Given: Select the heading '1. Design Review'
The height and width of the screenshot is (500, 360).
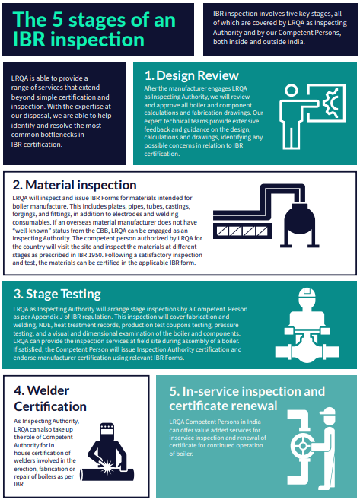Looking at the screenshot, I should [191, 75].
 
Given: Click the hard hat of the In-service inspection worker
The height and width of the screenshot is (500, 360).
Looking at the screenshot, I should [329, 414].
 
